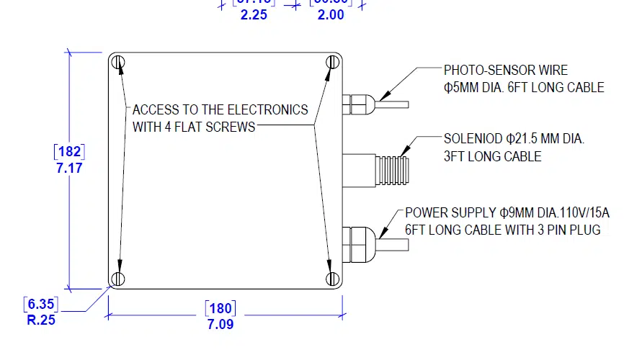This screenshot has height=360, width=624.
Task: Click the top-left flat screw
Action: [x=120, y=62]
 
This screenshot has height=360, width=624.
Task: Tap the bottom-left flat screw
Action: [x=120, y=278]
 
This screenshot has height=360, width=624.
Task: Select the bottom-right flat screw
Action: [x=331, y=278]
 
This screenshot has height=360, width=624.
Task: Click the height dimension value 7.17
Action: [x=69, y=168]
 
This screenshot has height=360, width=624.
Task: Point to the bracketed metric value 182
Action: [x=69, y=152]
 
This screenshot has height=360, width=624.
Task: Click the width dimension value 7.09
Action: [x=220, y=324]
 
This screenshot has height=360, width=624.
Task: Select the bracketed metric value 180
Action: [x=220, y=309]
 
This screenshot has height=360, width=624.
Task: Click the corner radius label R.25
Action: [x=41, y=320]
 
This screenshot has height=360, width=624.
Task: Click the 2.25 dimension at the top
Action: [x=254, y=14]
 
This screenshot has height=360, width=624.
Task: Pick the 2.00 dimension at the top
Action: [x=331, y=14]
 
